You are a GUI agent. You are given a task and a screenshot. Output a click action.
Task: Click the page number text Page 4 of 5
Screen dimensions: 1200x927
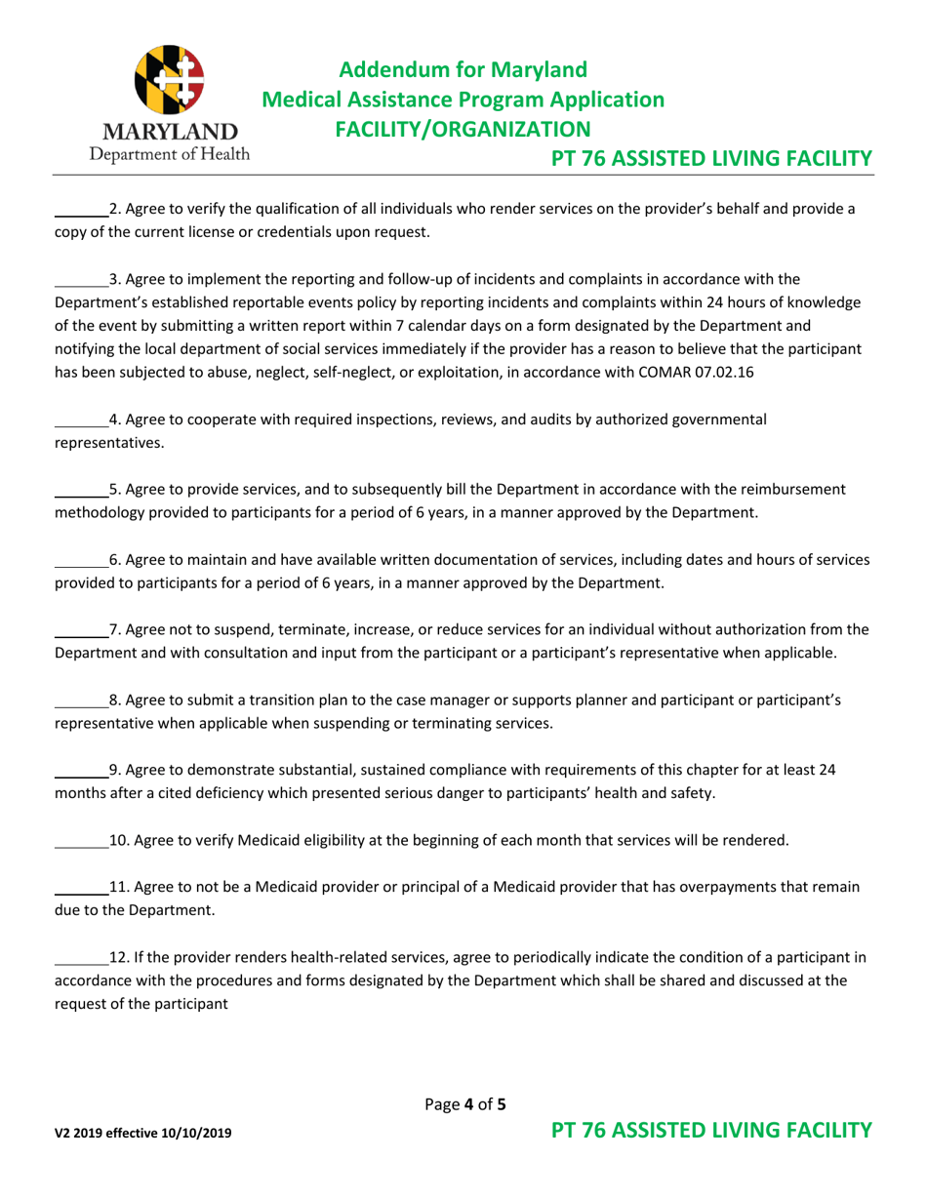click(x=466, y=1105)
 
